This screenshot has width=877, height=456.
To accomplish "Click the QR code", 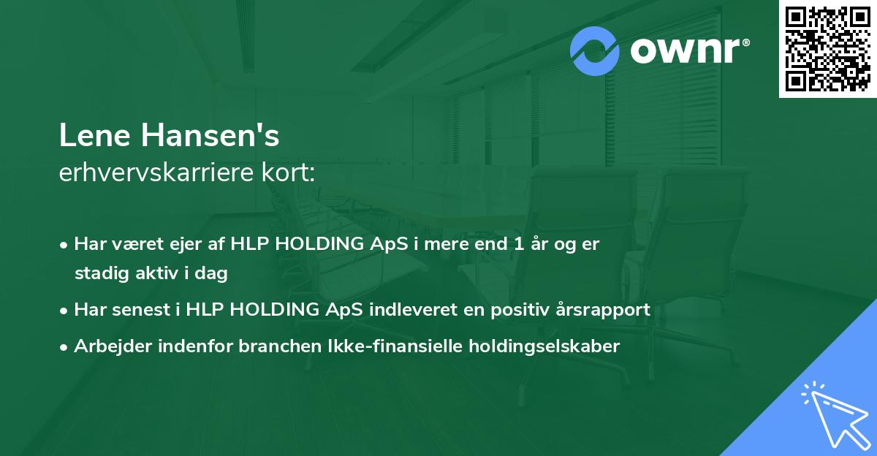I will click(827, 48).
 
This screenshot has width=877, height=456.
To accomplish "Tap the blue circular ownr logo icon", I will click(595, 51).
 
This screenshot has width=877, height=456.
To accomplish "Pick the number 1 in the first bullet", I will click(520, 245).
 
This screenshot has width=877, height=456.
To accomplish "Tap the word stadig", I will click(99, 274).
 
